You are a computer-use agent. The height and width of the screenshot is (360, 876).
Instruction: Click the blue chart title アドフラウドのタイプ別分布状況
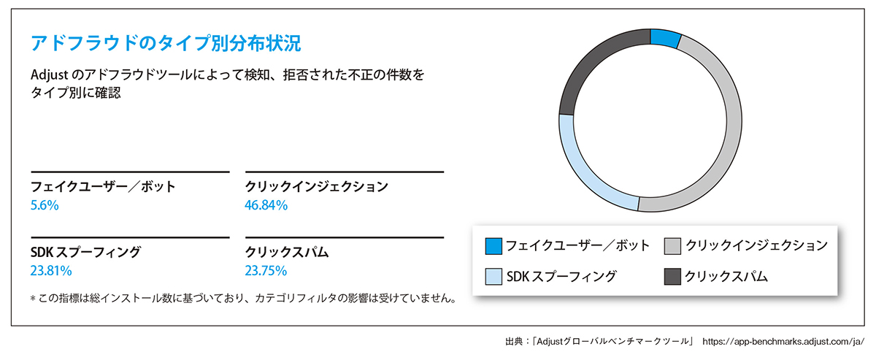pyautogui.click(x=165, y=42)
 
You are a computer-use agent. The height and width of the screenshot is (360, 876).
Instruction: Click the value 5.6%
pyautogui.click(x=45, y=206)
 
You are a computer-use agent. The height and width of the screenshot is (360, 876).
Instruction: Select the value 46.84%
pyautogui.click(x=266, y=206)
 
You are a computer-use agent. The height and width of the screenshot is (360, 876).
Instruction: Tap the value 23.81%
pyautogui.click(x=51, y=272)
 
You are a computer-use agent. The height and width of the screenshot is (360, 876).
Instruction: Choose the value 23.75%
pyautogui.click(x=266, y=272)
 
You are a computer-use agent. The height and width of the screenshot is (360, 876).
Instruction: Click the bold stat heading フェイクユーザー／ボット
pyautogui.click(x=103, y=187)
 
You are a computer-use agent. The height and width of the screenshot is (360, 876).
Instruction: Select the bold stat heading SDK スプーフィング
pyautogui.click(x=85, y=253)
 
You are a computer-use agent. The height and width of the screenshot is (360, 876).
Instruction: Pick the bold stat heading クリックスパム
pyautogui.click(x=287, y=253)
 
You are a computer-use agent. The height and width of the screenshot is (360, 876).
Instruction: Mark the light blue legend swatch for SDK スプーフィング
pyautogui.click(x=493, y=277)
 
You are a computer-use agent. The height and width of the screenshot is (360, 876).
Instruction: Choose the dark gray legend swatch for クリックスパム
pyautogui.click(x=673, y=277)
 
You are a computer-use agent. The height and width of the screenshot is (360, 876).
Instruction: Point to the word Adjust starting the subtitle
pyautogui.click(x=49, y=76)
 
